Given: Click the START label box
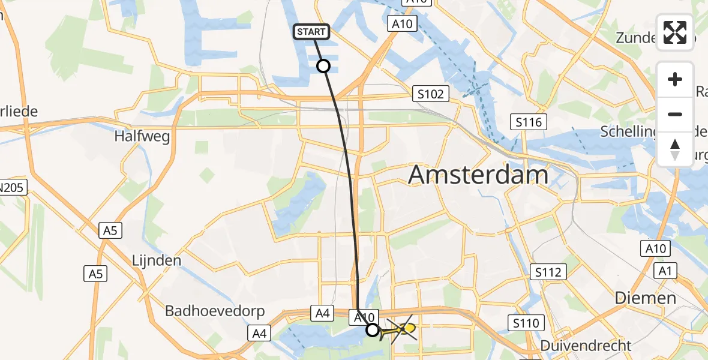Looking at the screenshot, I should coord(311,32).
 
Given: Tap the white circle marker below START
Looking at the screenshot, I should coord(323,66).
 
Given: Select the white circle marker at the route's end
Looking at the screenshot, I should coord(373,330).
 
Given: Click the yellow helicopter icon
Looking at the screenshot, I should coord(403,329).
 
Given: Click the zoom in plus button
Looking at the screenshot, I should coord(675,79).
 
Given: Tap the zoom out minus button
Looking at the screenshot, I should coord(675,114).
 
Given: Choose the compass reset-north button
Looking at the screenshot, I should coord(675,149).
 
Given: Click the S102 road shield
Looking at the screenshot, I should coord(431,94).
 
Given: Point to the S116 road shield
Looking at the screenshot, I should coord(529,122).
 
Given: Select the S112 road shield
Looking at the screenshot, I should coord(548,272).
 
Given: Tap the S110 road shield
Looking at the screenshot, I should coord(528,323).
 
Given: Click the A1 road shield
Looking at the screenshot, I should coord(664,271).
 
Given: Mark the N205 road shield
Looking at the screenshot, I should coord(11,188).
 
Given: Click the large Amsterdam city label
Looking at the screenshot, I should coord(478,175).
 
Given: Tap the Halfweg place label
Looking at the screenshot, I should coord(142,136).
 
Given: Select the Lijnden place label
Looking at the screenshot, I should coord(157,261).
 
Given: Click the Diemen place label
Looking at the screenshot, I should coord(646,298).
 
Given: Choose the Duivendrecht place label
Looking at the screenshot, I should coord(586,346).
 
